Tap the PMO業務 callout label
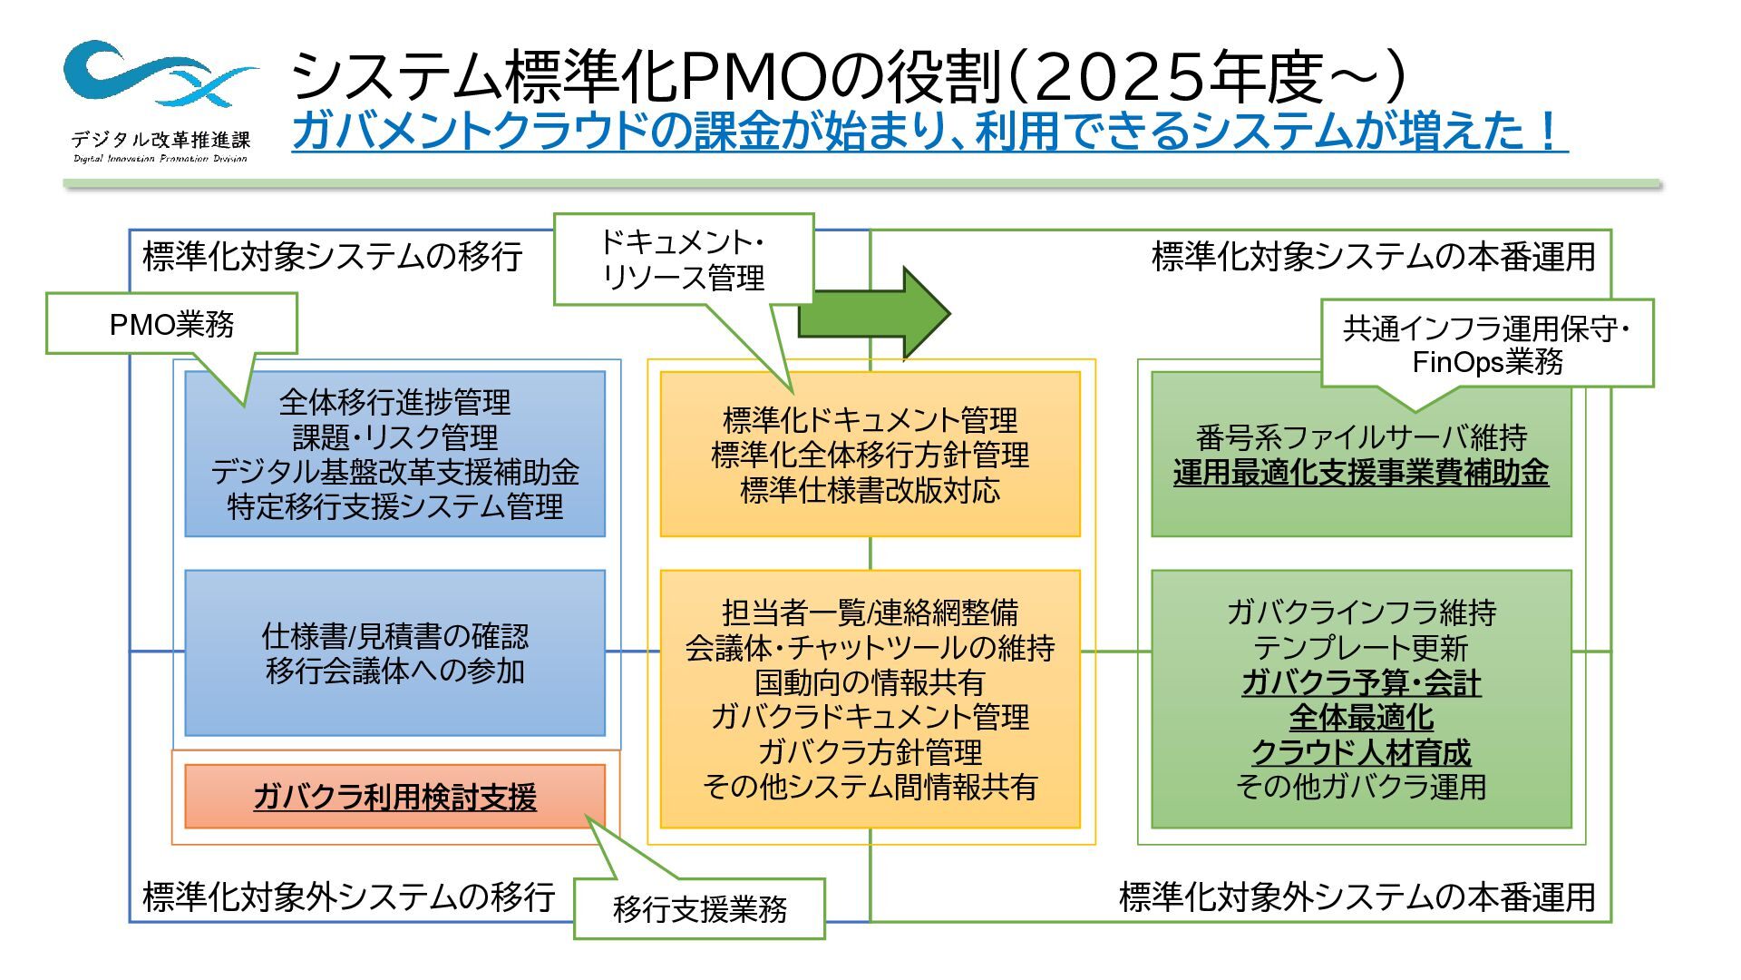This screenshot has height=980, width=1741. coord(171,324)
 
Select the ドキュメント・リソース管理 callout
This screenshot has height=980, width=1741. coord(683,260)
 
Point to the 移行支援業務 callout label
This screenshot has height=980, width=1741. coord(699,908)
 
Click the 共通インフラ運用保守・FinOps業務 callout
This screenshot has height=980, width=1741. coord(1486,345)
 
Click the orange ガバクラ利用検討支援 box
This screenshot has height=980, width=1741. coord(394,797)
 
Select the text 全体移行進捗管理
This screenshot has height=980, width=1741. coord(394,401)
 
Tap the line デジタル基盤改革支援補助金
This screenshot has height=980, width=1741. coord(394,472)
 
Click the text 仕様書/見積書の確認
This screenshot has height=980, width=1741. coord(394,636)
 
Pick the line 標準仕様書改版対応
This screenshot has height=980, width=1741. coord(870,490)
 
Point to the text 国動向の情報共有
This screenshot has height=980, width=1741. coord(870,682)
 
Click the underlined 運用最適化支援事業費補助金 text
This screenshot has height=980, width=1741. coord(1360,473)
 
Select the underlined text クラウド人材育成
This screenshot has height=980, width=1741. coord(1360,752)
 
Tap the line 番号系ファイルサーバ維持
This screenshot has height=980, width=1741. coord(1360,437)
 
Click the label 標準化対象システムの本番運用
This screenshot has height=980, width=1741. coord(1373,257)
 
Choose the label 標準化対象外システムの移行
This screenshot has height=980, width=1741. coord(349,897)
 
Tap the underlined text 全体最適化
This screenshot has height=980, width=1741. coord(1360,718)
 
